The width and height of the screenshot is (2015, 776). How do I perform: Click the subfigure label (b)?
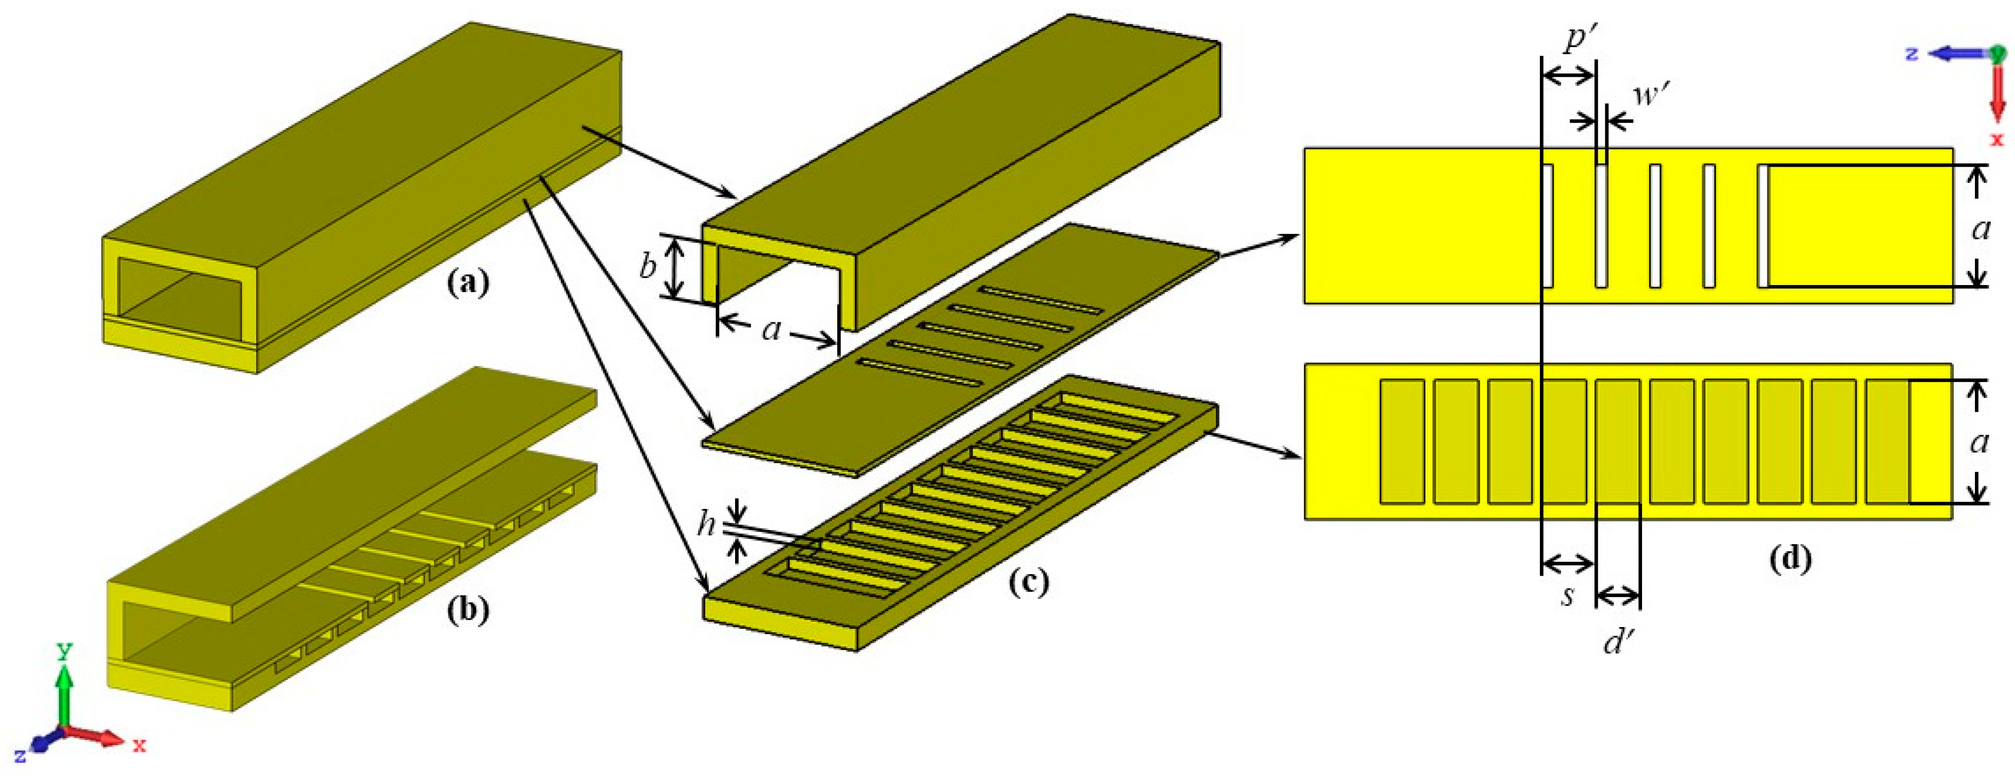468,610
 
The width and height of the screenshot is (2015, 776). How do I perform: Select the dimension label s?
1567,595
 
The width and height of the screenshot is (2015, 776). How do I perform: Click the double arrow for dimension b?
678,268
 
